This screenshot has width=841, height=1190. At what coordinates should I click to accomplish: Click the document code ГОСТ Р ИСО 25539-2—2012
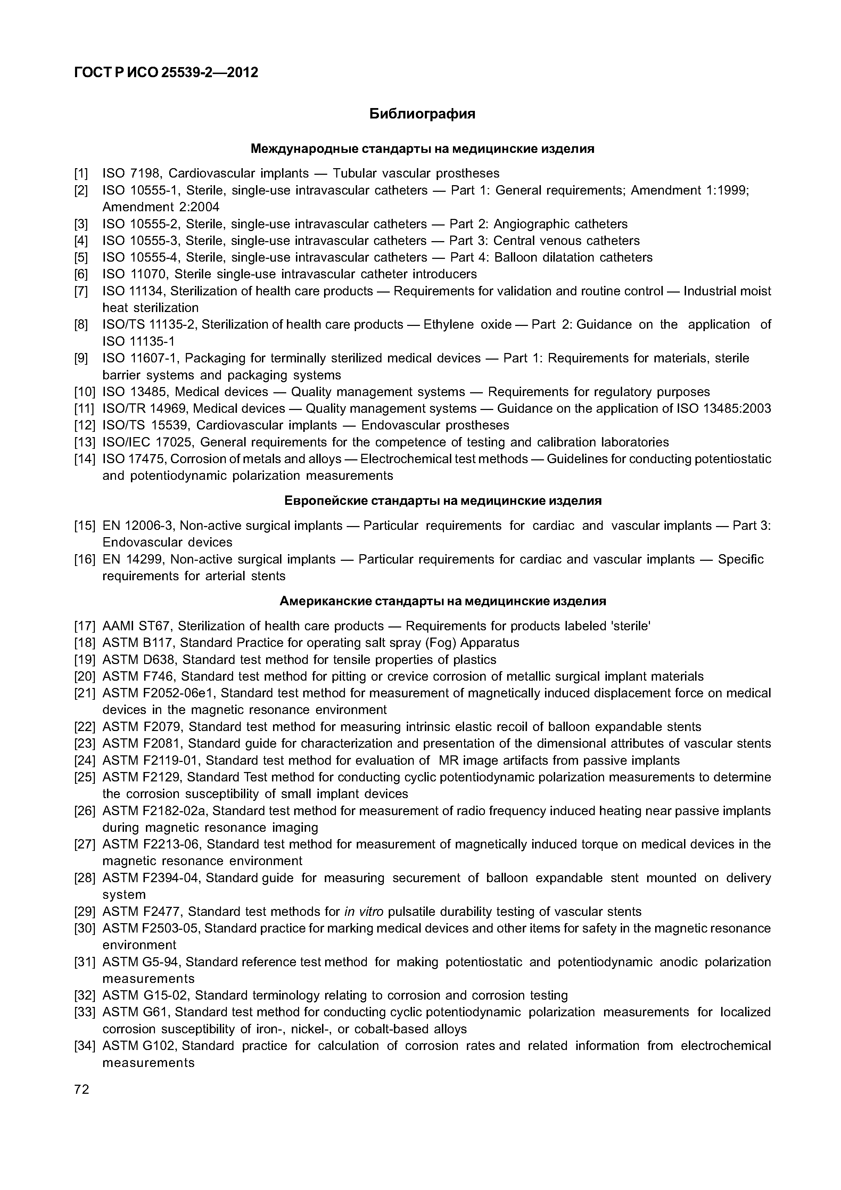point(166,73)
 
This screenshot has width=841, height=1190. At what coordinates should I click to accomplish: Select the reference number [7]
point(81,291)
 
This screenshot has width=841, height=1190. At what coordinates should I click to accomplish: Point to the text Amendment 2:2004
point(160,207)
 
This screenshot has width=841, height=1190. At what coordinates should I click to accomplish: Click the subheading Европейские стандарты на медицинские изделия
point(443,501)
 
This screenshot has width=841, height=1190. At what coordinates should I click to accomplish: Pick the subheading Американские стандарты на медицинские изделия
point(443,601)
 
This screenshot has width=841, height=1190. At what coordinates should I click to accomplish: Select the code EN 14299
point(133,559)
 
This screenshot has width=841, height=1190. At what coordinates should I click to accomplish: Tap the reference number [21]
point(84,693)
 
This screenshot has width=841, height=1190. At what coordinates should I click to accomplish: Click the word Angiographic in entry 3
point(526,224)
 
